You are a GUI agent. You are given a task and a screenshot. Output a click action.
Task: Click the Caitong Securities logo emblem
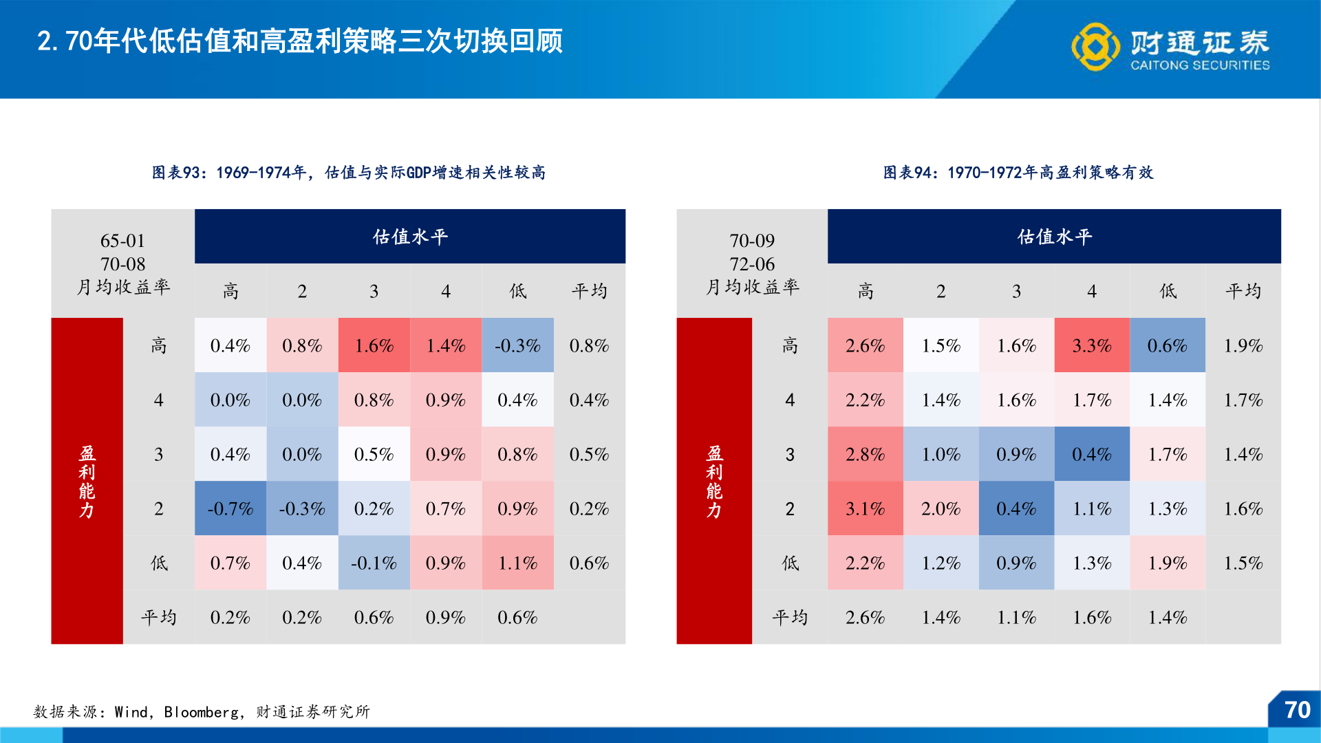tap(1095, 47)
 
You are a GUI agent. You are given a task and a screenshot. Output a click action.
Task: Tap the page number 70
tap(1297, 710)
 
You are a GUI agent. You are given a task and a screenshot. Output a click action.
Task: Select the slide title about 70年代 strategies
tap(300, 41)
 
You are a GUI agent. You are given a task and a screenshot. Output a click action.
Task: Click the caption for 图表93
tap(349, 173)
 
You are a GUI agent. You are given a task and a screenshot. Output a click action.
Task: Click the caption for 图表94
tap(1018, 173)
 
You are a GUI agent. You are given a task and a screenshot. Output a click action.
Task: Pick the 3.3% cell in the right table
tap(1092, 345)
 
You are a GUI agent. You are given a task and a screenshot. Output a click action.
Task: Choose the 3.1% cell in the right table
tap(865, 508)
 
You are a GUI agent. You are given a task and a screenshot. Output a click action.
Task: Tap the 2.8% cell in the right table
tap(865, 454)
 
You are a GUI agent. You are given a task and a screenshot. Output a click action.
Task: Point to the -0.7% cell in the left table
tap(230, 508)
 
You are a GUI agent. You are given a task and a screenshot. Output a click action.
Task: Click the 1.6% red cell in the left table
tap(374, 345)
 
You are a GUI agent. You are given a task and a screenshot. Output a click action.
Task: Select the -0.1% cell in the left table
tap(374, 563)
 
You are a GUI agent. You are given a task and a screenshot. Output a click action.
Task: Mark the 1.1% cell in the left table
tap(517, 563)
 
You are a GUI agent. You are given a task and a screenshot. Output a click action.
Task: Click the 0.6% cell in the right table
tap(1167, 345)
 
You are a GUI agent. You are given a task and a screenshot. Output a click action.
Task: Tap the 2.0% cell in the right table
tap(941, 508)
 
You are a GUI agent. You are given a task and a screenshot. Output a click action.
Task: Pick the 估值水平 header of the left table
tap(410, 237)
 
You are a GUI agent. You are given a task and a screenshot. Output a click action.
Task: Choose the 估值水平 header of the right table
tap(1054, 237)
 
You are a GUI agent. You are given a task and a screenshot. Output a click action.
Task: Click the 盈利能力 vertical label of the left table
tap(87, 481)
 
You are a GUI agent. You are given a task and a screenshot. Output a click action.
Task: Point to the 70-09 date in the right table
tap(752, 241)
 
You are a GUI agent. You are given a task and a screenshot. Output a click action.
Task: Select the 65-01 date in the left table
tap(122, 241)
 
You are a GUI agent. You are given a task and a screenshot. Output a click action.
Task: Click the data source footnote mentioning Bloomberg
tap(202, 712)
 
